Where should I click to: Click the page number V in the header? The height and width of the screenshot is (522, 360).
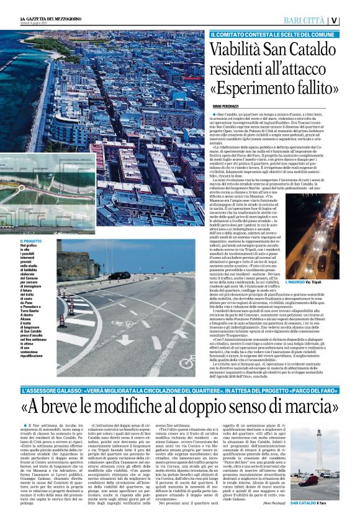pos(351,20)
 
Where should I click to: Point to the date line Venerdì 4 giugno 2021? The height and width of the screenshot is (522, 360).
pos(27,24)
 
